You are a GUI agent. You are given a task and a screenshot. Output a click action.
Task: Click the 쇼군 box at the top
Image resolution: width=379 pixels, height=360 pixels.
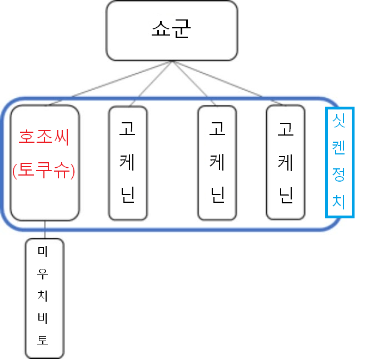point(171,31)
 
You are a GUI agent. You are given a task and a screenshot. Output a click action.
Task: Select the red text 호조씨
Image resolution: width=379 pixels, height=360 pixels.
point(44,137)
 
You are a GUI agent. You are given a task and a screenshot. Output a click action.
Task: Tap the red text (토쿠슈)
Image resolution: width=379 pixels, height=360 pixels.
point(44,169)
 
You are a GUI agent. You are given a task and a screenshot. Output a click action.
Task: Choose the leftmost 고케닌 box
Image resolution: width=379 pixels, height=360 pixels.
point(128,163)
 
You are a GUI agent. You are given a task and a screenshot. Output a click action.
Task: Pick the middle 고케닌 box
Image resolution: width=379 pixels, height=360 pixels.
point(217,163)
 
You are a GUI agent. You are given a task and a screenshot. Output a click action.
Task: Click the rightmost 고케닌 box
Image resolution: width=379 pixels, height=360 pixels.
point(286,163)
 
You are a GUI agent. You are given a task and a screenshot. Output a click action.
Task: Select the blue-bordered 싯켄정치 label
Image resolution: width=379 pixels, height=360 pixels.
point(339,162)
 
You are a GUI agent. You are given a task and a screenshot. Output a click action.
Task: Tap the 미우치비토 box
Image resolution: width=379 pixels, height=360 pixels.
point(44,298)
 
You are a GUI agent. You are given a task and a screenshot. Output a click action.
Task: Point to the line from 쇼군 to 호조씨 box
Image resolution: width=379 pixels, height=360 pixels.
point(111,83)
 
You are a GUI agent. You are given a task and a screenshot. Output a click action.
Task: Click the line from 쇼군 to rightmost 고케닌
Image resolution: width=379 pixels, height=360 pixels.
point(228,83)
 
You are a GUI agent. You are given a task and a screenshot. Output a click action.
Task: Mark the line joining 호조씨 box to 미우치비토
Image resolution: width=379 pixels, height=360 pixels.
point(45,229)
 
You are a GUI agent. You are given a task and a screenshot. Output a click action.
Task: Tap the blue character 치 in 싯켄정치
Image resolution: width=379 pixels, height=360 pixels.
point(339,202)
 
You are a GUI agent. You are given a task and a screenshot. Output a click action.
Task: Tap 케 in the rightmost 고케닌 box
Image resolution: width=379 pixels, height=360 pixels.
point(286,162)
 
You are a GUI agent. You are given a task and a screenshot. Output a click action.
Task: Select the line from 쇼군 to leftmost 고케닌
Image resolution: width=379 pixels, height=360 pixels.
point(150,83)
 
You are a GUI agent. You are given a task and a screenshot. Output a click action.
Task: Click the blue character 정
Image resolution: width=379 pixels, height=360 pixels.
point(339,175)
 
